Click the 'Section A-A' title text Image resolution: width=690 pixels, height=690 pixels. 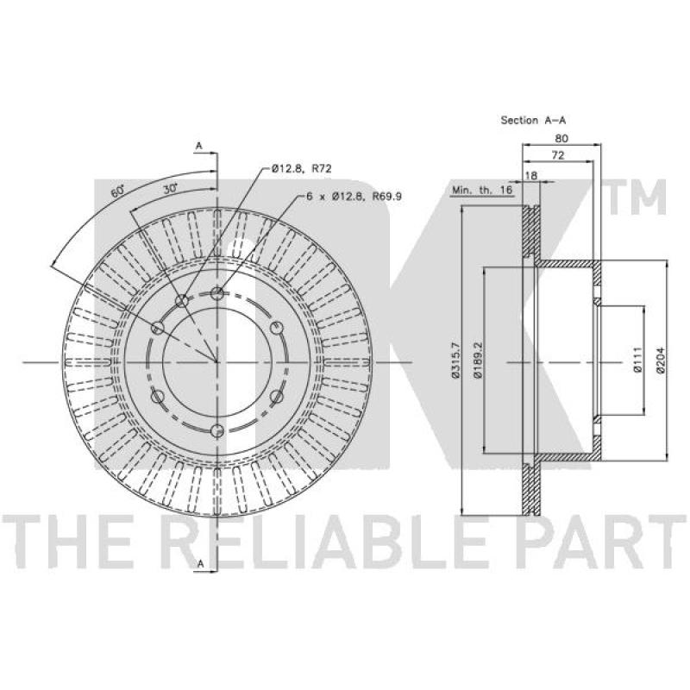[533, 120]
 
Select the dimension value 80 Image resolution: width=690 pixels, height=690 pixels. [561, 138]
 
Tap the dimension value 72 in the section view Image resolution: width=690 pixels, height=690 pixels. [557, 155]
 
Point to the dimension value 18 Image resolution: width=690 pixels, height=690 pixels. [531, 176]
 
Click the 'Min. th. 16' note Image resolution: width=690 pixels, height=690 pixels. [482, 190]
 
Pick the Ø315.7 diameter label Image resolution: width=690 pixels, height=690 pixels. [455, 360]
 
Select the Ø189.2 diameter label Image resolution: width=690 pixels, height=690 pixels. [479, 360]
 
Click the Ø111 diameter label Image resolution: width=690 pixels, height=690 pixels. [637, 360]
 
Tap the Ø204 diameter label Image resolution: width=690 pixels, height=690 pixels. [660, 360]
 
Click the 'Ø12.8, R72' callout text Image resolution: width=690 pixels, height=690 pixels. [301, 168]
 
